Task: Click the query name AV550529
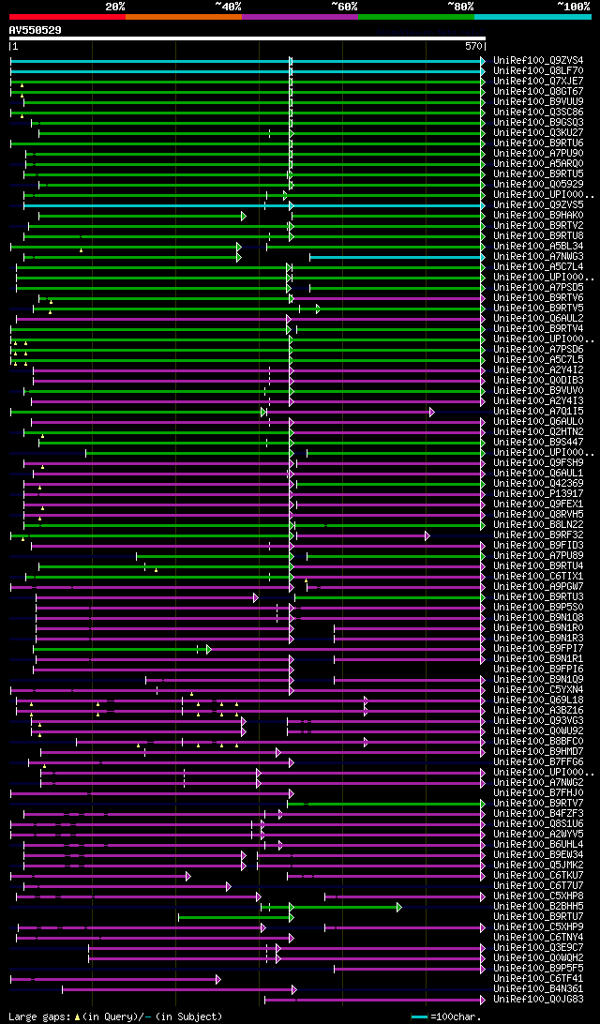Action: (36, 30)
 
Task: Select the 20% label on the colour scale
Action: (115, 7)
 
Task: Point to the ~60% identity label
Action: (344, 7)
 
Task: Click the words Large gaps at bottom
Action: (37, 1016)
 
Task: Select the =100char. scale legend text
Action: (457, 1016)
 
